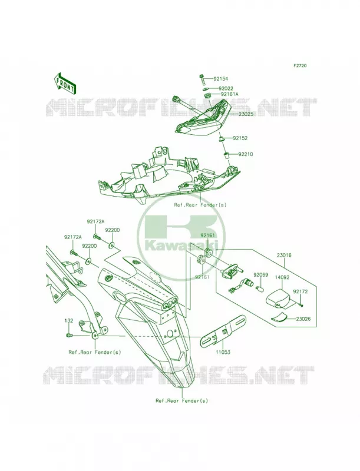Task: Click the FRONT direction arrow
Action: point(65,83)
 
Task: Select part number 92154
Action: point(221,79)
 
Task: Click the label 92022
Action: point(226,89)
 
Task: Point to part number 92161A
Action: point(230,94)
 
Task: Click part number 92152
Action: point(240,138)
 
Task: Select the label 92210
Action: point(246,154)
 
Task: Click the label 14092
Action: point(282,277)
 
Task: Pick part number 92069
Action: point(259,274)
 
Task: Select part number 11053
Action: point(223,351)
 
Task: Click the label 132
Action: point(69,320)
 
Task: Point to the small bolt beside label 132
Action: point(68,334)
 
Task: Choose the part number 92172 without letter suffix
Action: point(300,291)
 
